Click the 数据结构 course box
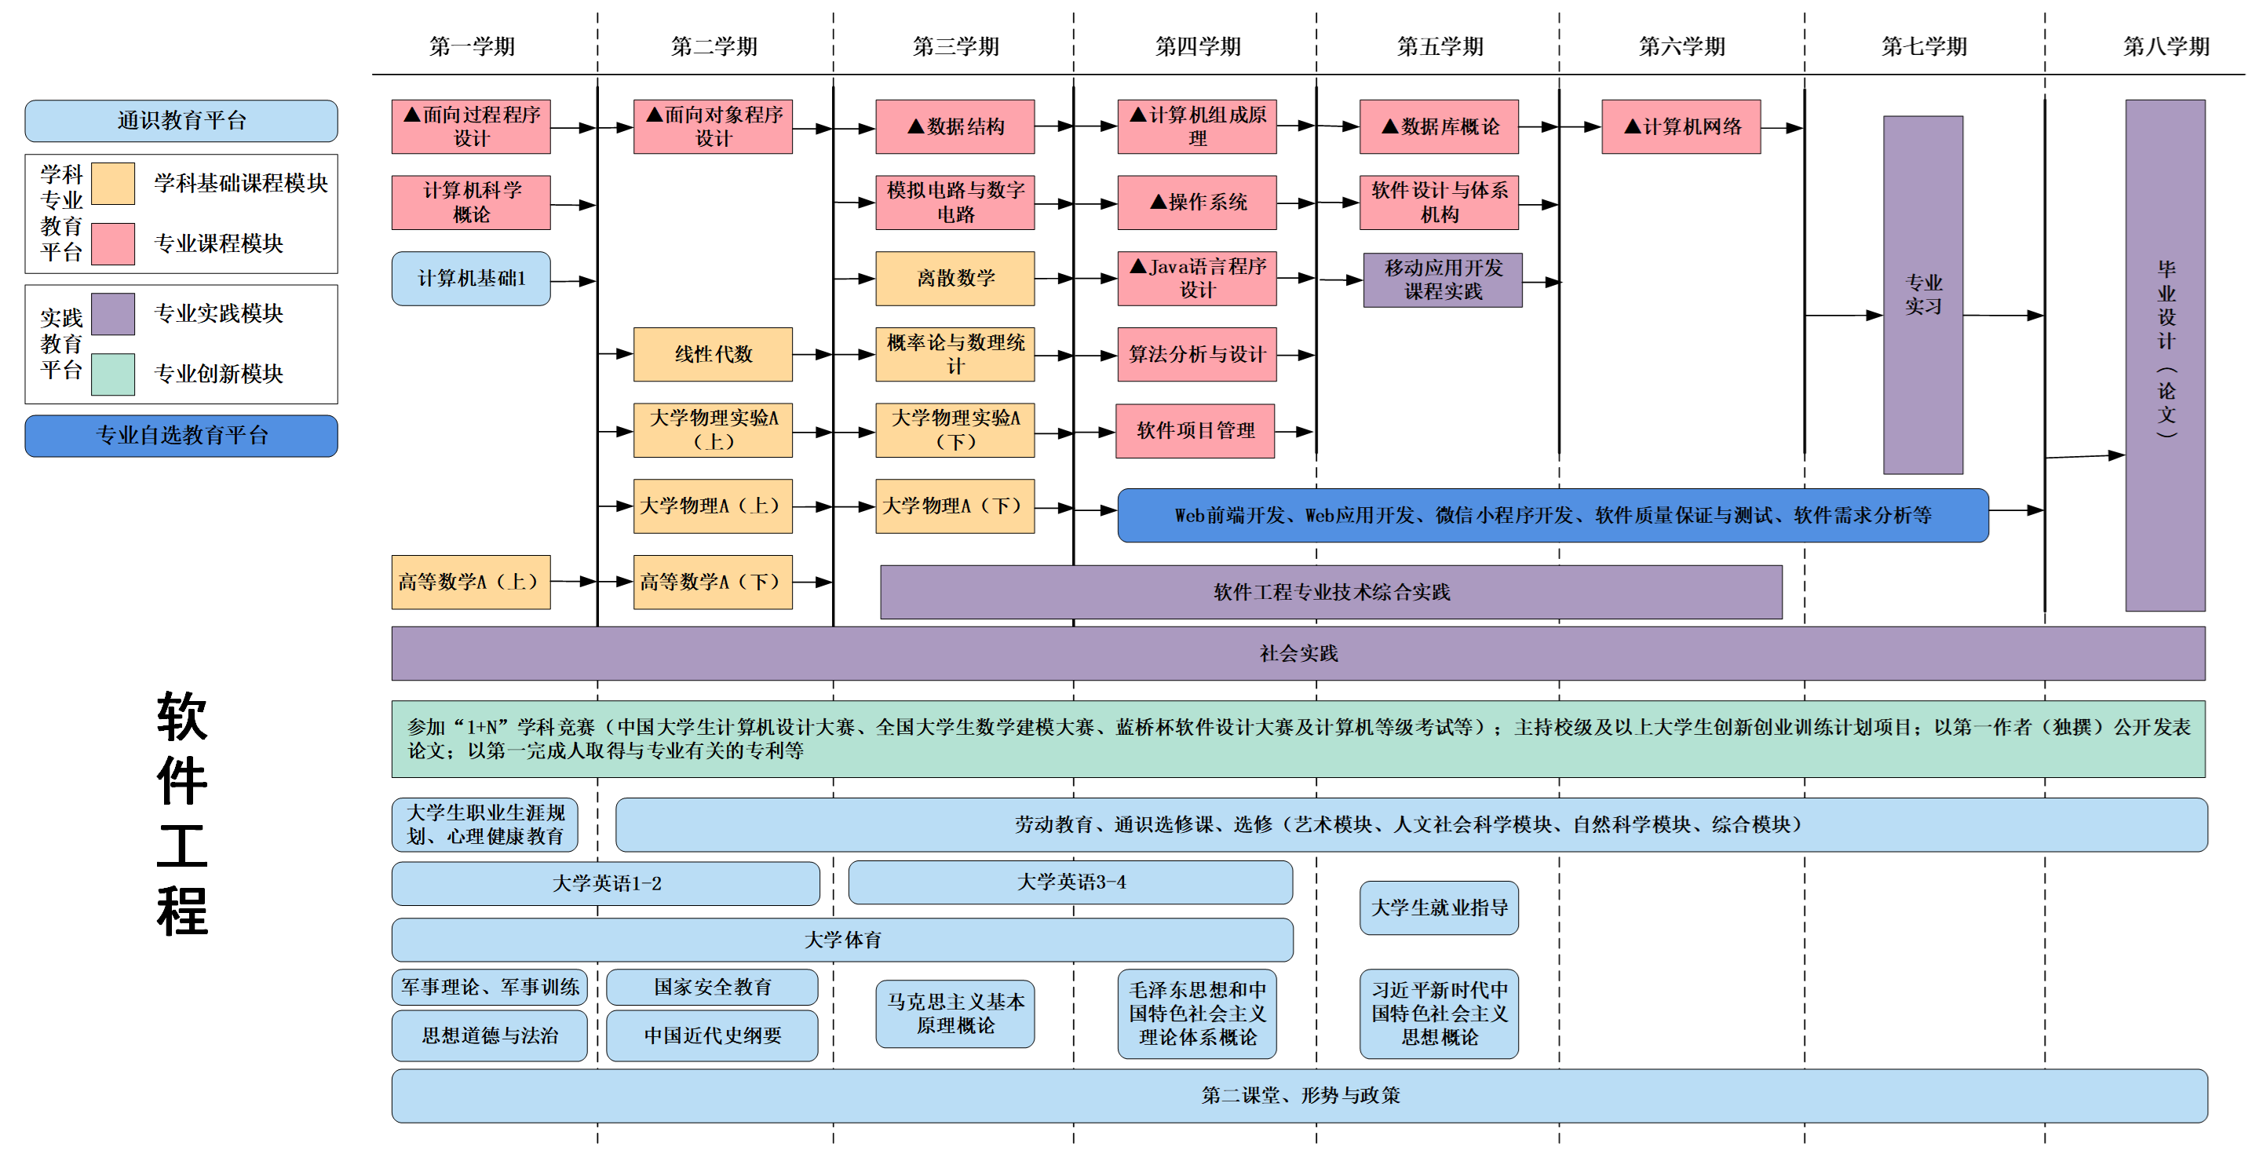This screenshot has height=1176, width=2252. (954, 126)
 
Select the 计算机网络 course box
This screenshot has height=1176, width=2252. (1681, 126)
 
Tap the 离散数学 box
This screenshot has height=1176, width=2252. (954, 278)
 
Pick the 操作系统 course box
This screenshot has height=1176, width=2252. (1197, 202)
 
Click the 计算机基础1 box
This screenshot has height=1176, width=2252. (471, 278)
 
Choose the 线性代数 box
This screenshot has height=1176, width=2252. (713, 354)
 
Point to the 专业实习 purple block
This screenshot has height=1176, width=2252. (1922, 294)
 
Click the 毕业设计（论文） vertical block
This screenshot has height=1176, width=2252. (2165, 354)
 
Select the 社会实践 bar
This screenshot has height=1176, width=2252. (1298, 653)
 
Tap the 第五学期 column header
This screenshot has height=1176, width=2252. (1440, 46)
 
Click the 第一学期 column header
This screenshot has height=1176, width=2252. (472, 46)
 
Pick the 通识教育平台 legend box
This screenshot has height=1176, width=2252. (181, 121)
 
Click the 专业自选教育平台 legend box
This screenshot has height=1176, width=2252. (181, 436)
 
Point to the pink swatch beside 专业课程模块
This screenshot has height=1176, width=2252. (113, 243)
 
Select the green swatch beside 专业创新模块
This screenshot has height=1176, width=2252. (113, 374)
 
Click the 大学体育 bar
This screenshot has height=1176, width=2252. (842, 940)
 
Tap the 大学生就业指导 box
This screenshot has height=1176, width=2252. (1439, 908)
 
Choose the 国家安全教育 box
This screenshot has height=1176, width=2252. (713, 987)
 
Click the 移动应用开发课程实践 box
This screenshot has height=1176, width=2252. (1443, 279)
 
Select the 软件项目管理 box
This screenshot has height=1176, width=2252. (1195, 430)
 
